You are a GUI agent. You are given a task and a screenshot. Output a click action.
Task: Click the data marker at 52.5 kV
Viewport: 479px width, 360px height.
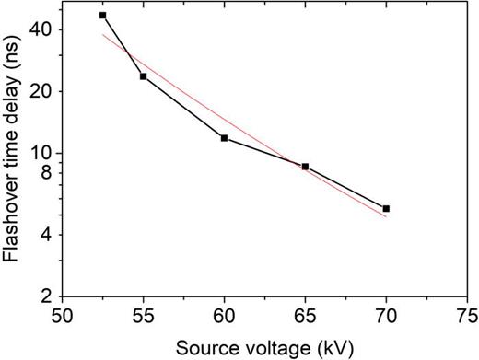click(x=102, y=16)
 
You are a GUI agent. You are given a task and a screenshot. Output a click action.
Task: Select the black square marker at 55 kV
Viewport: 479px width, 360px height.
click(x=143, y=76)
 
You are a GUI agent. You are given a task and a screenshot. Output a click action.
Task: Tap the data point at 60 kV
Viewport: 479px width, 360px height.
click(x=224, y=138)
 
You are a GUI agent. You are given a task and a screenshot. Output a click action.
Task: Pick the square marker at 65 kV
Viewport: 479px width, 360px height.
click(x=305, y=167)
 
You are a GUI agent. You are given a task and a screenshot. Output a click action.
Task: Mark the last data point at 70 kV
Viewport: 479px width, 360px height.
click(x=386, y=209)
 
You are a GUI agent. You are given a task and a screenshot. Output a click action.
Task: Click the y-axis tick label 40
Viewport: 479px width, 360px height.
click(x=41, y=29)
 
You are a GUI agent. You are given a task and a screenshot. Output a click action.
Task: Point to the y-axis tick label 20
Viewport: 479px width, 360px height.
click(x=41, y=91)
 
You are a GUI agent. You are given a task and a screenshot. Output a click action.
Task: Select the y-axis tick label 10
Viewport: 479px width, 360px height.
click(x=41, y=153)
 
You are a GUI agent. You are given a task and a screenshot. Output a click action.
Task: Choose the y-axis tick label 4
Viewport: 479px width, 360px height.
click(x=45, y=235)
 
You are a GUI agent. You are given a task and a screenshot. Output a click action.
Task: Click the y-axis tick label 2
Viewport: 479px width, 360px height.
click(x=45, y=296)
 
